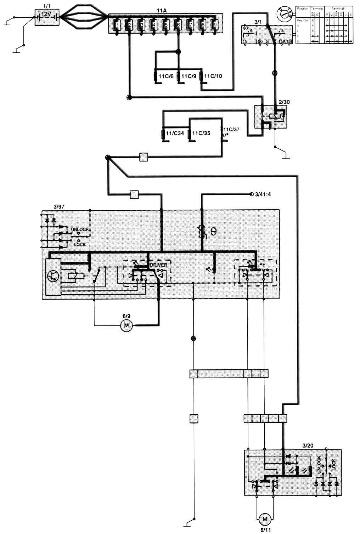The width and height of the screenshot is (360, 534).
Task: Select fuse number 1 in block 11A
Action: pyautogui.click(x=118, y=25)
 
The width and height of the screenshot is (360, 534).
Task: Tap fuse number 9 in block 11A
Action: pyautogui.click(x=214, y=25)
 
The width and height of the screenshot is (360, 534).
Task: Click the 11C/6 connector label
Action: pyautogui.click(x=165, y=76)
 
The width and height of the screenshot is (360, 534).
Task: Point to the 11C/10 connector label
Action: pyautogui.click(x=213, y=76)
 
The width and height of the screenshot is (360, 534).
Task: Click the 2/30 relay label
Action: pyautogui.click(x=284, y=102)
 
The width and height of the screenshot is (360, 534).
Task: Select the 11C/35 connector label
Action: pyautogui.click(x=201, y=133)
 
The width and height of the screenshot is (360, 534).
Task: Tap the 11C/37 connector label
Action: pyautogui.click(x=231, y=129)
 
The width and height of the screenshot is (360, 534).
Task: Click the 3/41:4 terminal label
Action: pyautogui.click(x=263, y=194)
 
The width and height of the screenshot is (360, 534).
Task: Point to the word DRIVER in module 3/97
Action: pyautogui.click(x=158, y=265)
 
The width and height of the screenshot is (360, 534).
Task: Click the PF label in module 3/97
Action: pyautogui.click(x=262, y=264)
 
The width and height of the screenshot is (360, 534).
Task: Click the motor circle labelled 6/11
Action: pyautogui.click(x=264, y=519)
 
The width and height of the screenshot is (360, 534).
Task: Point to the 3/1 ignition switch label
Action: pyautogui.click(x=258, y=22)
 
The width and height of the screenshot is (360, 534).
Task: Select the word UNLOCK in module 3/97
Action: pyautogui.click(x=80, y=229)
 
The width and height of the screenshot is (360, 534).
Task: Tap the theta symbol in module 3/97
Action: pyautogui.click(x=213, y=232)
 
